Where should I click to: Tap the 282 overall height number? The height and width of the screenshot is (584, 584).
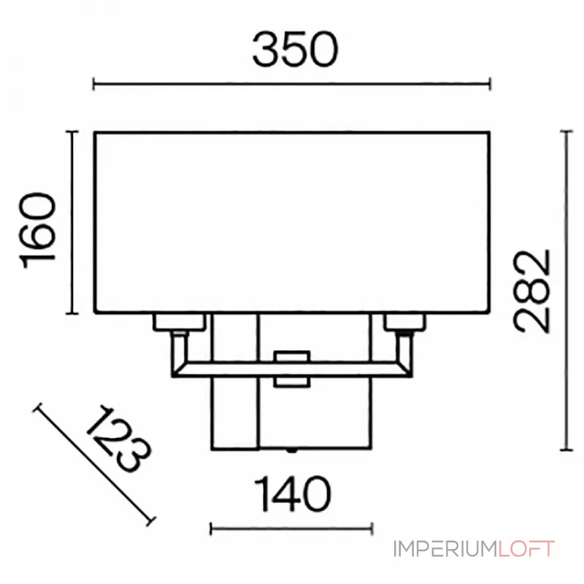click(531, 291)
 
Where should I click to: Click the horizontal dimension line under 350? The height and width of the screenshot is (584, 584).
click(292, 85)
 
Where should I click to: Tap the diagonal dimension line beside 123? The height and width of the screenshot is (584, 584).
click(95, 464)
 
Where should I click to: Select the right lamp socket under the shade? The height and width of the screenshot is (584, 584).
click(404, 321)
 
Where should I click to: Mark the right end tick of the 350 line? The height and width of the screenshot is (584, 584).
click(489, 85)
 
